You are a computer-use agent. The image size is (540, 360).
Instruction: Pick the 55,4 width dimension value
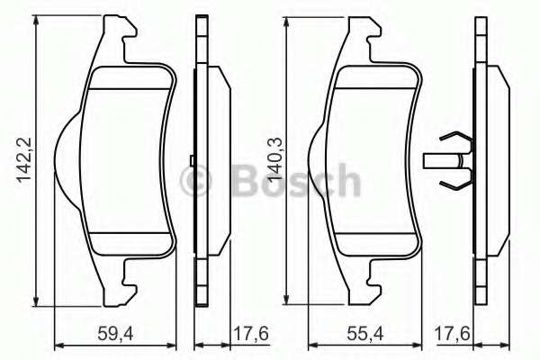pyautogui.click(x=364, y=332)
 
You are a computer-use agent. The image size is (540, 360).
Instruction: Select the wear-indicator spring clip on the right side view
pyautogui.click(x=454, y=161)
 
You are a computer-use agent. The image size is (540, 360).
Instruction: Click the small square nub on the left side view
pyautogui.click(x=193, y=161)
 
